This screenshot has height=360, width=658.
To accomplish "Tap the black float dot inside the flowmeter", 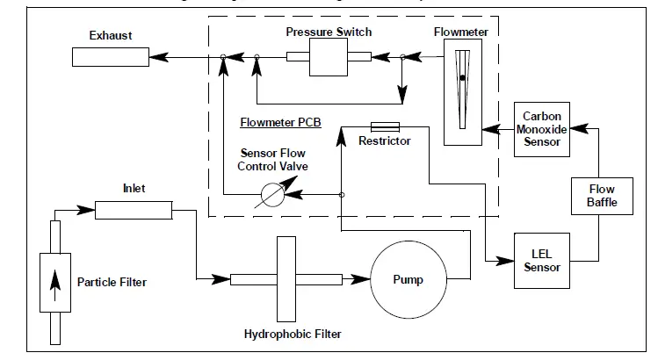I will pos(462,78).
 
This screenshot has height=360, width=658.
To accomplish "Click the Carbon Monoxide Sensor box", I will pos(542,129).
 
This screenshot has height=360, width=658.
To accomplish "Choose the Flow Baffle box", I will pos(602,196).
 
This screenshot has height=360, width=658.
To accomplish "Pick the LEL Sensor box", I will pos(542,261).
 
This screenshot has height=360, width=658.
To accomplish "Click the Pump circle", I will pos(408,280).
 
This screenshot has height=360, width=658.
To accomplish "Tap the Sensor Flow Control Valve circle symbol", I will pos(273,195).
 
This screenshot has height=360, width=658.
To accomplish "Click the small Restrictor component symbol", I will pos(386,126).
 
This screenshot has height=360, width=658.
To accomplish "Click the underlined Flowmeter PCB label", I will pos(280,123).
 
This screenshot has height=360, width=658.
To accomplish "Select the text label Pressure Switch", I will pos(329,32).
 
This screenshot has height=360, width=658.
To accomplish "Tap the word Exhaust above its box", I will pos(110,36).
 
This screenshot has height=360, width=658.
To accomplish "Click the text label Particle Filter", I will pos(112,282).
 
